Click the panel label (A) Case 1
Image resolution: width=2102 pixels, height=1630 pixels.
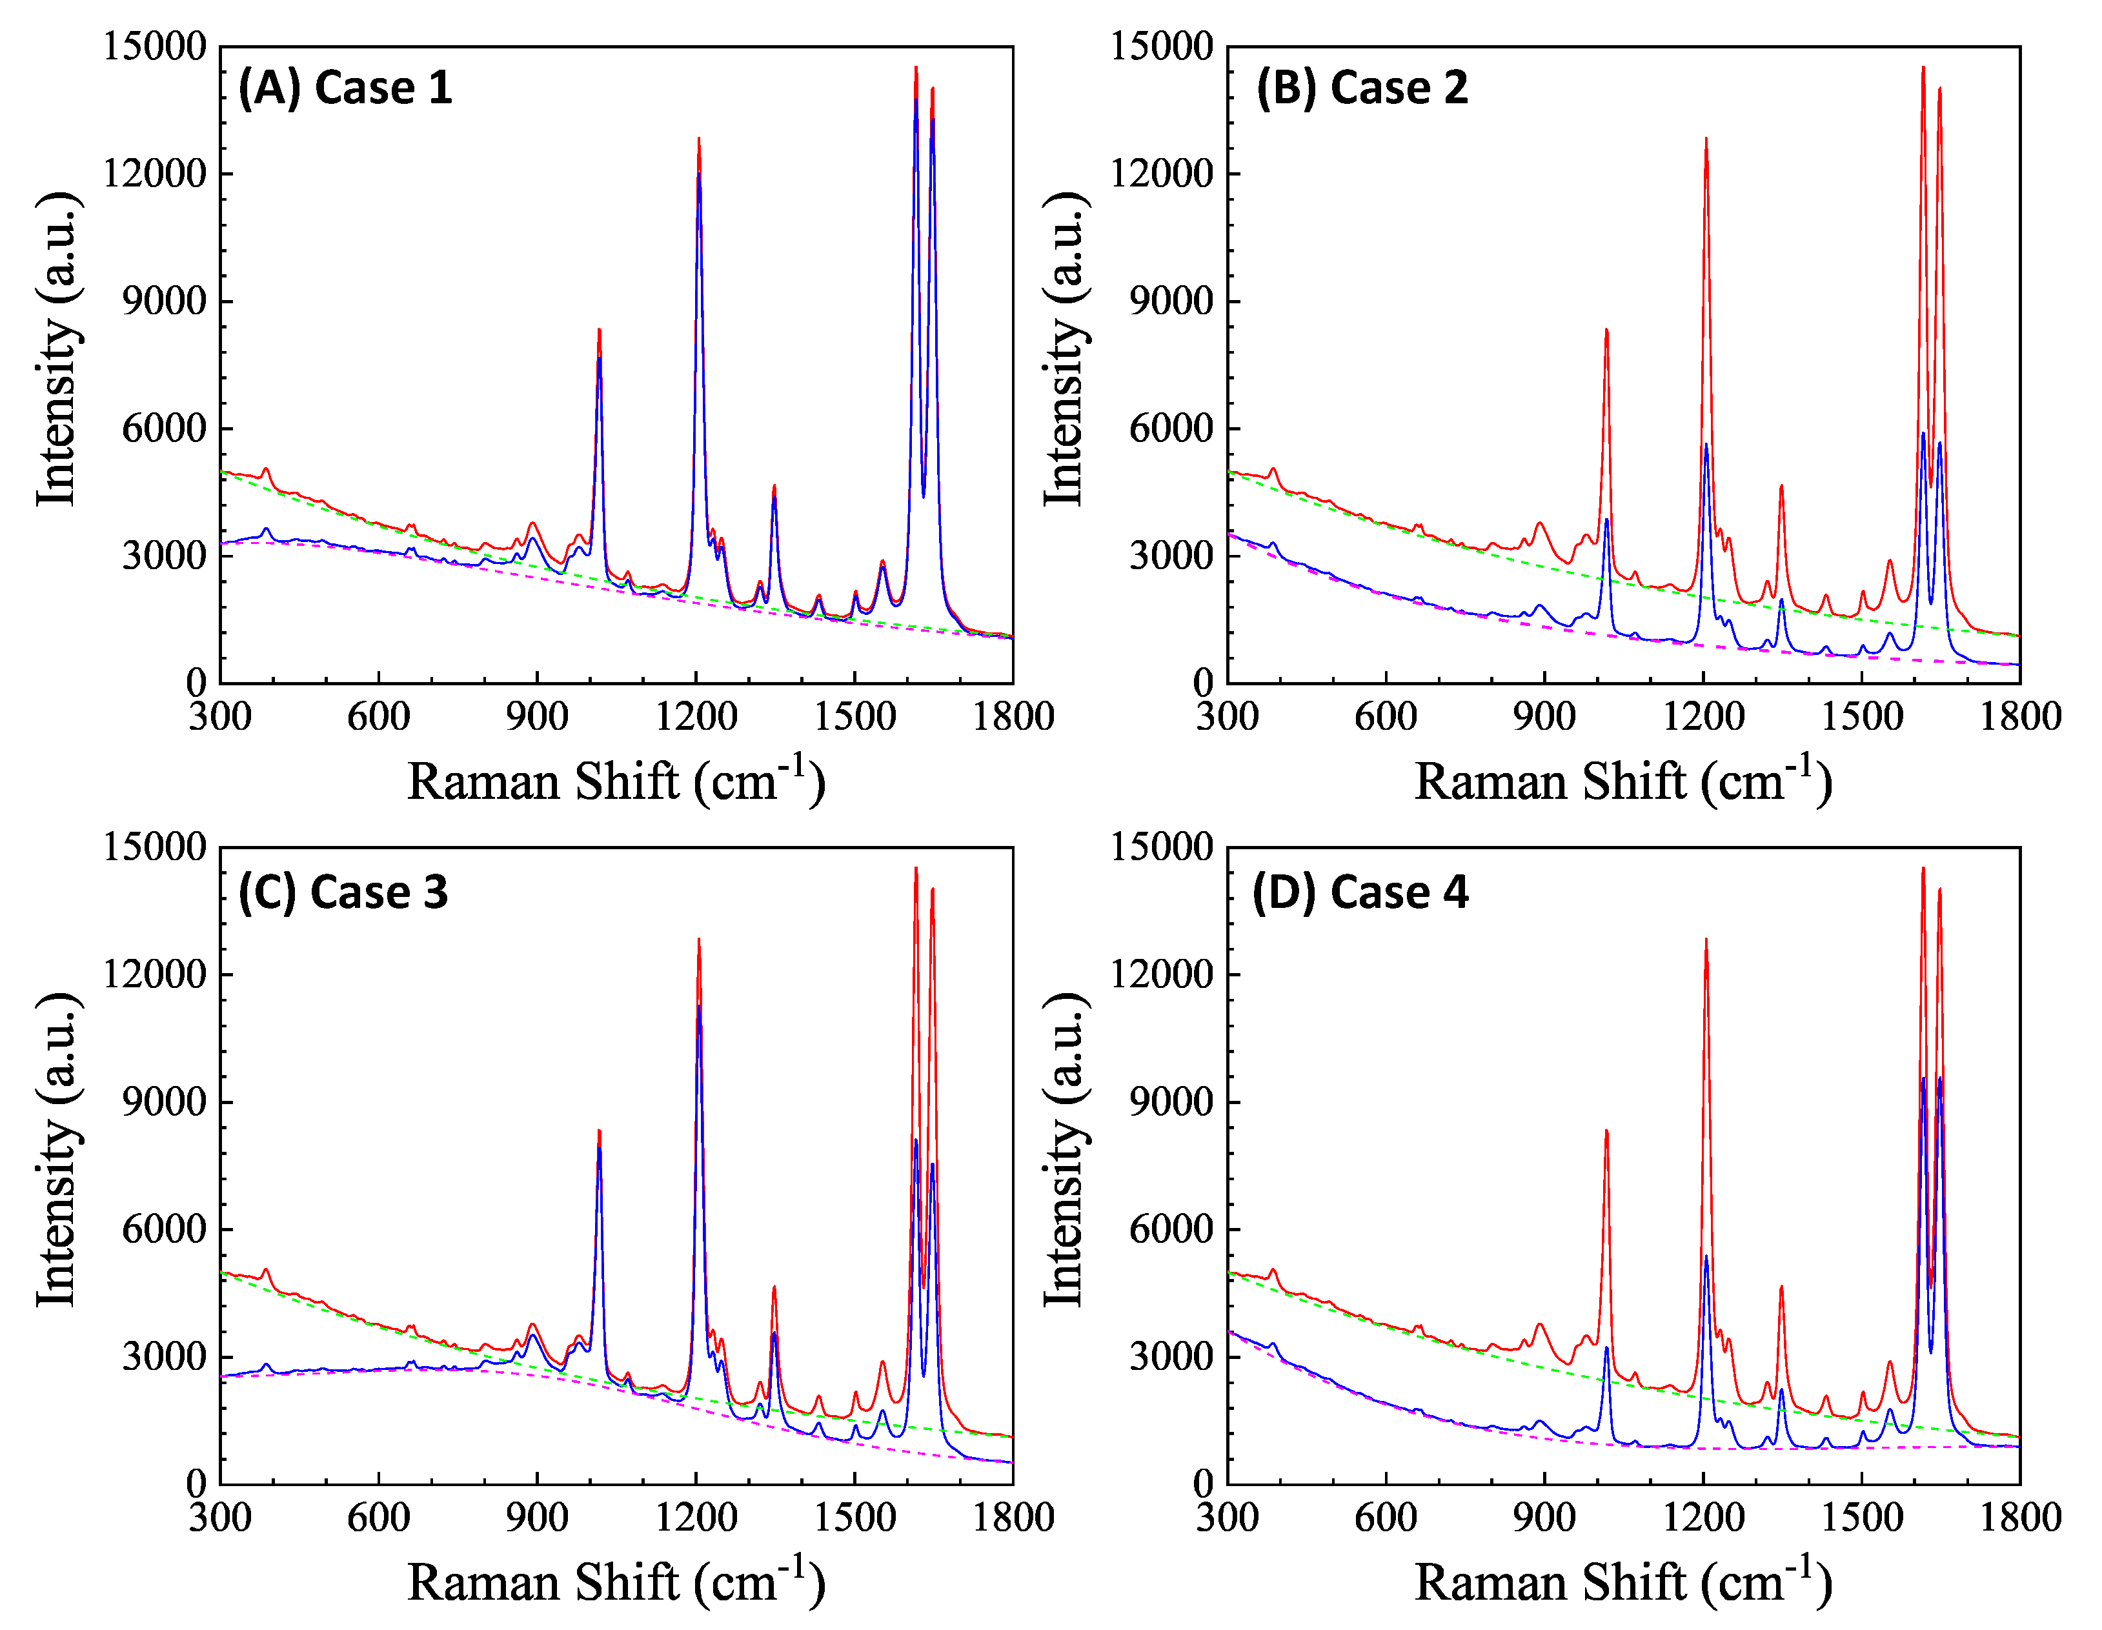[345, 88]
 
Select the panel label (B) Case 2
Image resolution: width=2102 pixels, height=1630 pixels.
[1362, 88]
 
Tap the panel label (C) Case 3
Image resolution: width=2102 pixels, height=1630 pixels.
[343, 892]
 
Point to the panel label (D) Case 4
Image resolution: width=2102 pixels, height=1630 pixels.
[1360, 892]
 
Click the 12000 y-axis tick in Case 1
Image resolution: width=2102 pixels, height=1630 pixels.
[155, 174]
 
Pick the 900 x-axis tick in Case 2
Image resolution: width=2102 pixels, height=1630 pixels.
[1544, 716]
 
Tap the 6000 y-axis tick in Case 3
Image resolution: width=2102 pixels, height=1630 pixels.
[164, 1229]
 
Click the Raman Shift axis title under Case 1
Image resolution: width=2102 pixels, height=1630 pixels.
[616, 780]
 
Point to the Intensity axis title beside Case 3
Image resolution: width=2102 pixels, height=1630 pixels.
[57, 1150]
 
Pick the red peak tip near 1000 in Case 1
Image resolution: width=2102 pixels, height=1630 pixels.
[599, 330]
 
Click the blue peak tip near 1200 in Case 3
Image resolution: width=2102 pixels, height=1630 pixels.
[699, 1007]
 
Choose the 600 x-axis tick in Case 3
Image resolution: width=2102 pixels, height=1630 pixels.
[378, 1518]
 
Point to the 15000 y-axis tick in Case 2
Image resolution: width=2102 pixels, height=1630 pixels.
[1162, 46]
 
